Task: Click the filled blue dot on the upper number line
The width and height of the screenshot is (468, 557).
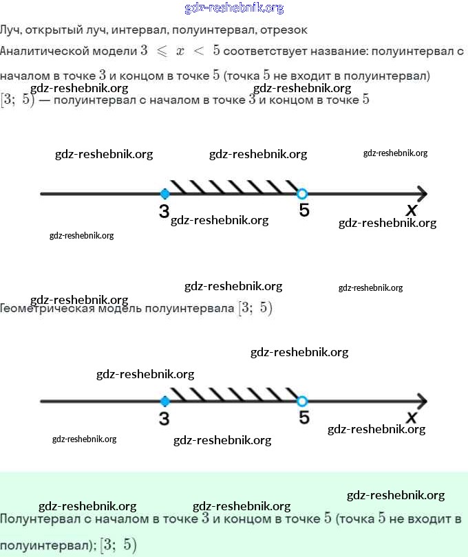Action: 164,193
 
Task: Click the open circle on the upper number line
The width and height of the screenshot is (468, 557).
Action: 301,193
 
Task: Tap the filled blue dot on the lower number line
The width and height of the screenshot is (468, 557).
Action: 164,401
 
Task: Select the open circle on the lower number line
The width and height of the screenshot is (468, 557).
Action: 301,401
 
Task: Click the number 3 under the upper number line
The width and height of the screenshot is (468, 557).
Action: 164,211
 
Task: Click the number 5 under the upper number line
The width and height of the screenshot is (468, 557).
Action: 304,211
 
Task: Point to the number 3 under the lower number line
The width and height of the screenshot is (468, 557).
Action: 164,418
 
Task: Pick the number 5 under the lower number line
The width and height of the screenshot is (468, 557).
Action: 304,417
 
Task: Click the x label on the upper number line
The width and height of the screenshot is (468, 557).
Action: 412,210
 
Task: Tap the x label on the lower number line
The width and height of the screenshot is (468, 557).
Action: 412,417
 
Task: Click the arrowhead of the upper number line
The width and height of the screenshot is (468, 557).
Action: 421,193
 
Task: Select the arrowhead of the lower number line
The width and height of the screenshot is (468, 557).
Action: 421,401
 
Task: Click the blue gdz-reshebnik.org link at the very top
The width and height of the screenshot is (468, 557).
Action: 234,8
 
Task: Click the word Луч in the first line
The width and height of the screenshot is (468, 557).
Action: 10,30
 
